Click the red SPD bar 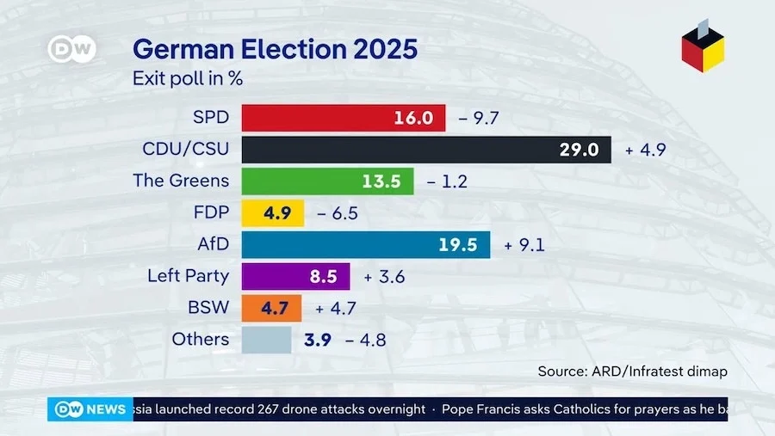tap(343, 118)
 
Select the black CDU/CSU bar tap(425, 149)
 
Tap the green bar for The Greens tap(327, 181)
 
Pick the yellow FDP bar tap(272, 212)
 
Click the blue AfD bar tap(365, 244)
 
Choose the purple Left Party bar tap(295, 276)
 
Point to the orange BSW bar tap(271, 308)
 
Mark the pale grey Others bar tap(267, 340)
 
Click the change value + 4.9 tap(645, 150)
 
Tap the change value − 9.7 tap(480, 118)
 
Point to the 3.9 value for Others tap(318, 340)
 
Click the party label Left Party tap(188, 276)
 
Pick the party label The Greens tap(181, 181)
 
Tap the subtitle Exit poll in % tap(187, 79)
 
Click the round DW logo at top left tap(71, 48)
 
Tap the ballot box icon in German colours tap(703, 47)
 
